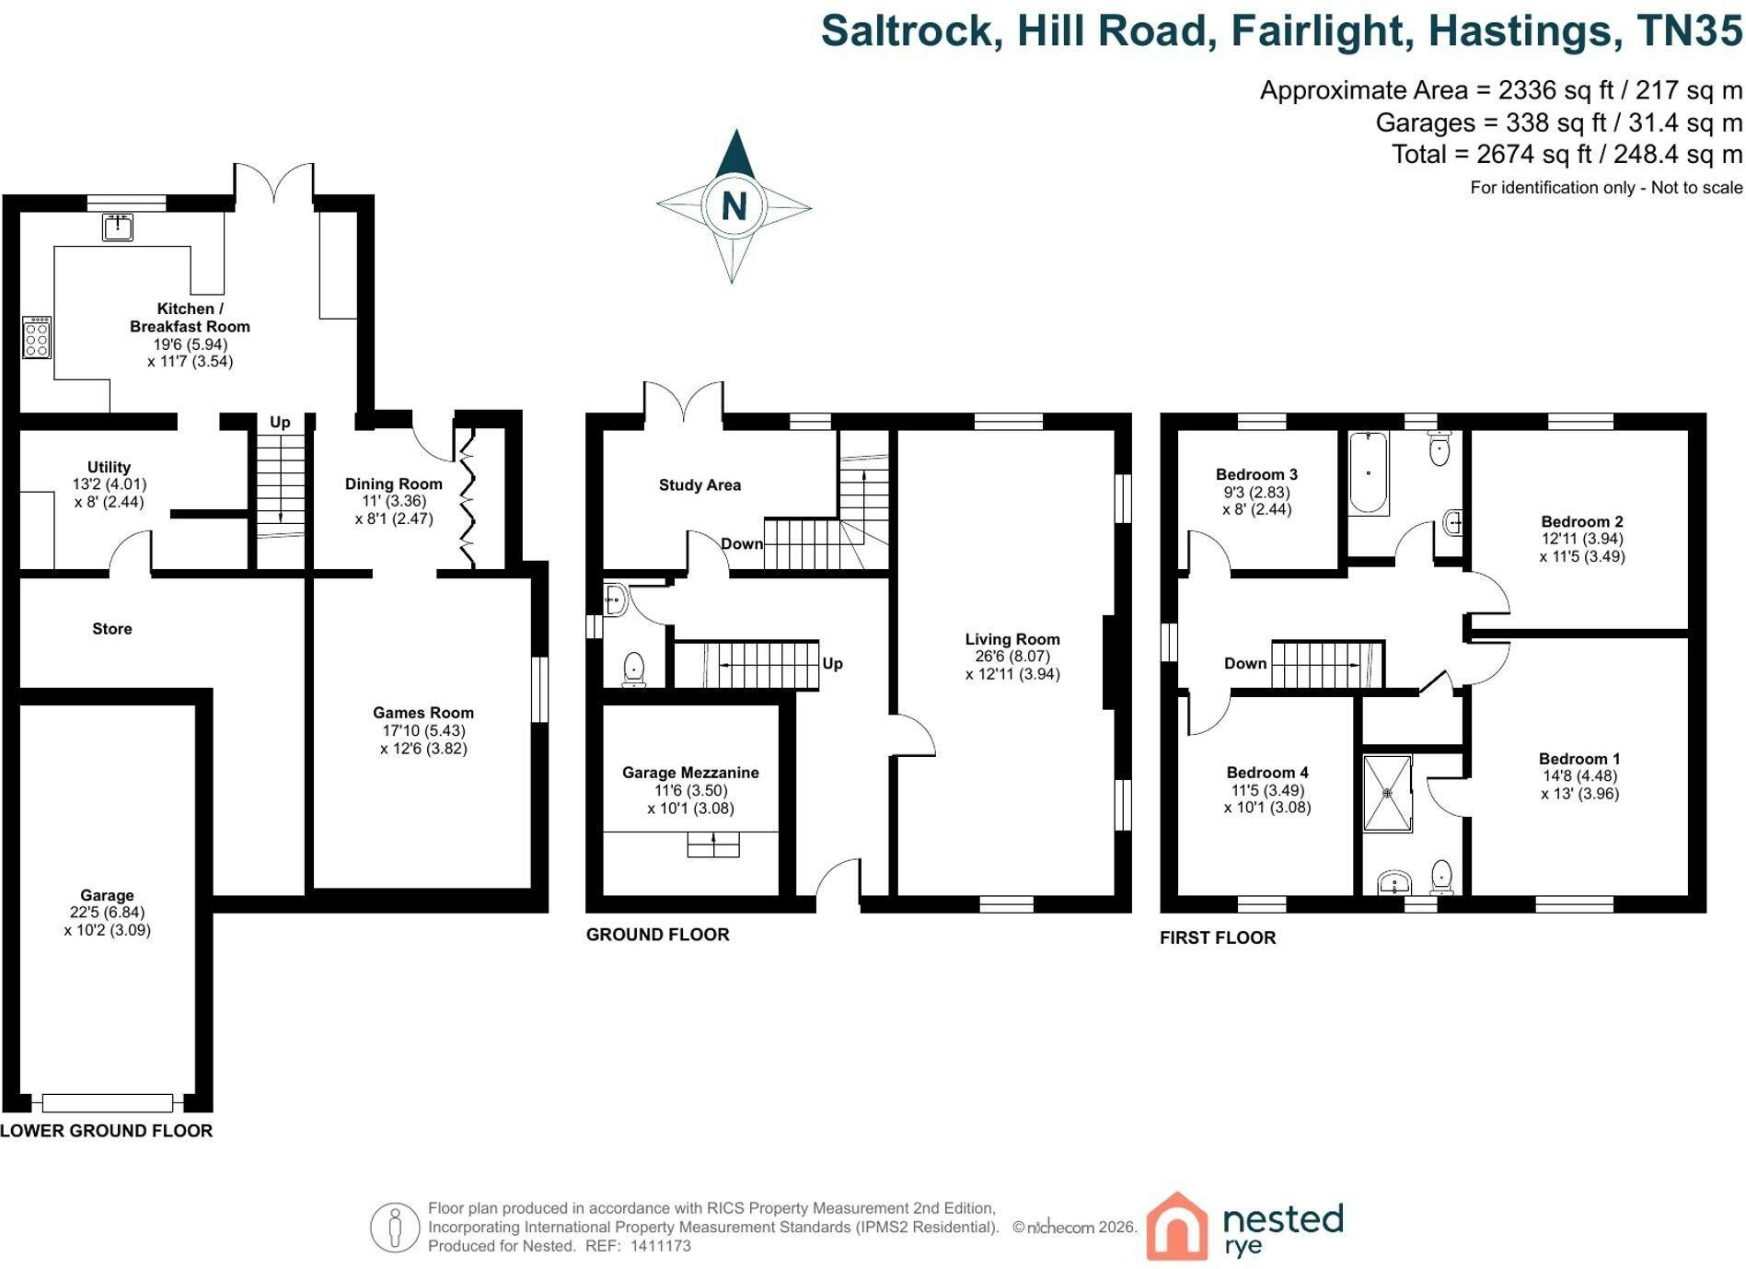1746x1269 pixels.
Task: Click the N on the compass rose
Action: click(x=734, y=205)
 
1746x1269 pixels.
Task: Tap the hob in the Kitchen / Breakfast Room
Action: click(x=37, y=337)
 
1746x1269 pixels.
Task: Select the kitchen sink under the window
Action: click(x=118, y=227)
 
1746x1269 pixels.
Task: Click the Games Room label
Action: click(x=423, y=713)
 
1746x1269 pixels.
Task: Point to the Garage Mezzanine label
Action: click(x=690, y=773)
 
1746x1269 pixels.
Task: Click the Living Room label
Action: click(x=1012, y=639)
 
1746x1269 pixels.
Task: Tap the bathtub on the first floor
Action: click(x=1369, y=473)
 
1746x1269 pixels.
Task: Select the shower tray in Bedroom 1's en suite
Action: click(x=1387, y=793)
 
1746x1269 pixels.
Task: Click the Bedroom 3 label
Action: click(x=1256, y=474)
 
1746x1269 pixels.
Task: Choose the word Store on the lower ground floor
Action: click(x=112, y=629)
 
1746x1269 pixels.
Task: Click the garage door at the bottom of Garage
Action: click(x=108, y=1102)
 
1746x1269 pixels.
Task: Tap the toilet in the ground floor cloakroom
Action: click(x=634, y=669)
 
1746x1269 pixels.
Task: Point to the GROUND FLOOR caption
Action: click(x=658, y=935)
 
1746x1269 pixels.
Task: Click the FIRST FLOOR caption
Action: click(x=1218, y=937)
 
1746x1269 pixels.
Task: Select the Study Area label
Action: click(x=700, y=485)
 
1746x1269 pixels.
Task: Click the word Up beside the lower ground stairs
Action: click(x=280, y=423)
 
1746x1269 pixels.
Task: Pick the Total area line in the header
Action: click(x=1567, y=154)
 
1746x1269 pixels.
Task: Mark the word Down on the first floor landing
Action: click(x=1245, y=664)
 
